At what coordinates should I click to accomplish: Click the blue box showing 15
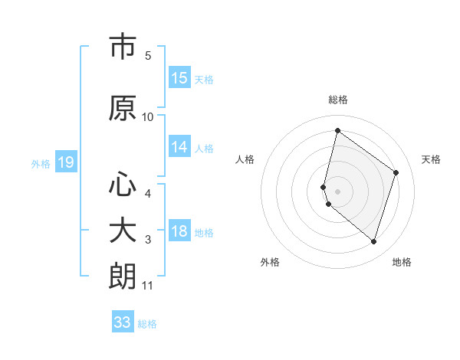179,78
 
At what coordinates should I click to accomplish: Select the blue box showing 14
179,148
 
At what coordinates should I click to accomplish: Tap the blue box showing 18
179,232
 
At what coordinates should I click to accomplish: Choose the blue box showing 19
65,162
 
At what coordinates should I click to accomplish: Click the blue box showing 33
123,322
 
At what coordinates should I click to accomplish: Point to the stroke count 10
148,117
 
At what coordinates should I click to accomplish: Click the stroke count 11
148,286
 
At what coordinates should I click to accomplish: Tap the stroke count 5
148,55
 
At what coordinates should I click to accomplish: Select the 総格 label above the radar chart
338,100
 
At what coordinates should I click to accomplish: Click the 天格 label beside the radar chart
431,159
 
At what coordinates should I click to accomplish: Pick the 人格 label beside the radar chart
245,159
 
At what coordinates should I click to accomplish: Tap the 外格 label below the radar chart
270,262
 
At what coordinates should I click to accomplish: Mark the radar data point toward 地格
374,241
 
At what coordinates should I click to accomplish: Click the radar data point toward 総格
337,130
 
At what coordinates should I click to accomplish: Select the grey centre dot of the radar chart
337,191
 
